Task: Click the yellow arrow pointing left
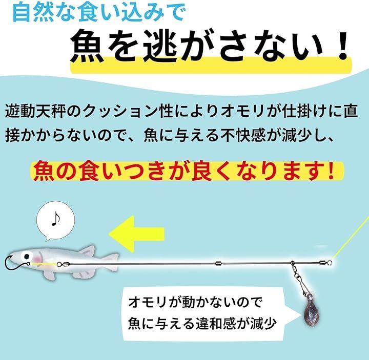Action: click(x=136, y=234)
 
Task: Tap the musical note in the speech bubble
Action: click(x=55, y=219)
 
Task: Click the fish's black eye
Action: click(x=27, y=256)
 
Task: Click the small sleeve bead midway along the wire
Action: click(x=219, y=263)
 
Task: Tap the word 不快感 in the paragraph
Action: click(x=243, y=135)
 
